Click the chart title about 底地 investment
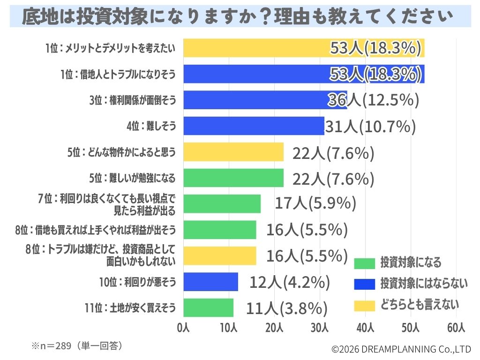coord(240,17)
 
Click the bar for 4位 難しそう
coord(253,126)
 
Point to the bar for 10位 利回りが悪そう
coord(210,282)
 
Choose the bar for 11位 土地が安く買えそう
coord(208,307)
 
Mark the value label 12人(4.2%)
coord(290,282)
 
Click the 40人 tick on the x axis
coord(365,328)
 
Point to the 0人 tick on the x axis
coord(183,328)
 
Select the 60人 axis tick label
coord(456,328)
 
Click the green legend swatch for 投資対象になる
coord(364,263)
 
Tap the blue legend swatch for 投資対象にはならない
coord(364,284)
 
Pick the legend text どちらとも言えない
coord(419,305)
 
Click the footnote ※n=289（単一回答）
coord(77,346)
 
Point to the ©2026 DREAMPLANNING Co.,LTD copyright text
coord(401,349)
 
